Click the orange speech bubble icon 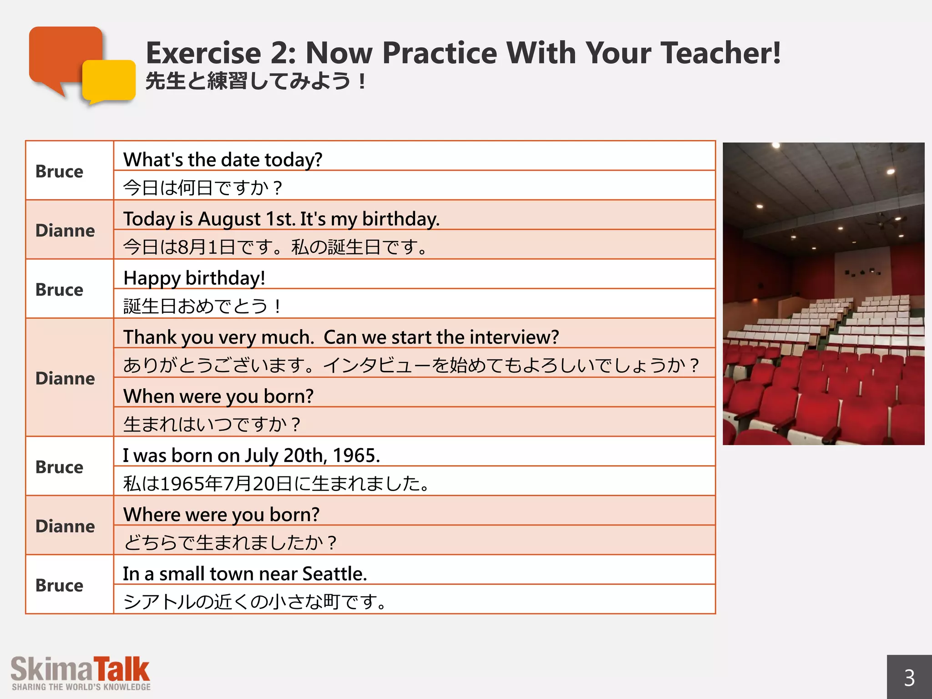[64, 55]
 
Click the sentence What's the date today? [223, 160]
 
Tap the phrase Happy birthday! [194, 278]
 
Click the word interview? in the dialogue [514, 337]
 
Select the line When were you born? [218, 396]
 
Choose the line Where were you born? [221, 515]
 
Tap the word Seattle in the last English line [334, 574]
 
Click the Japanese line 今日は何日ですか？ [203, 188]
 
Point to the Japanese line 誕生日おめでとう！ [202, 306]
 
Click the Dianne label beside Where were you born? [65, 526]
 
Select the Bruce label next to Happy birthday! [59, 289]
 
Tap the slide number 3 [909, 678]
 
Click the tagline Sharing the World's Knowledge [81, 687]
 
